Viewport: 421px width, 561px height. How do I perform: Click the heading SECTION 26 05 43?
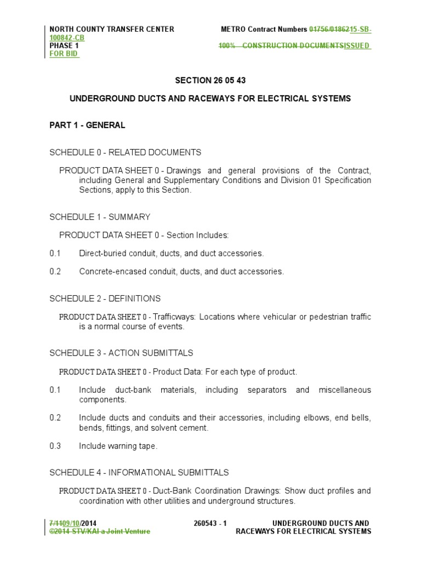click(x=210, y=81)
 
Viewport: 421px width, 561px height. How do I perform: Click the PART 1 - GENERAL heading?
click(x=87, y=125)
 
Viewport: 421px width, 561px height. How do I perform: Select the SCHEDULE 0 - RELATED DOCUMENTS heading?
click(x=125, y=152)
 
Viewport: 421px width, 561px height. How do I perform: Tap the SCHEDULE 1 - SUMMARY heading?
click(x=100, y=217)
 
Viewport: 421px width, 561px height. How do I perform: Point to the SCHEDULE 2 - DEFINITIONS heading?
click(x=105, y=299)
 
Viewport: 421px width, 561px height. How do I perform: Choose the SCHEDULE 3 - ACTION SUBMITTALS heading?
click(x=121, y=353)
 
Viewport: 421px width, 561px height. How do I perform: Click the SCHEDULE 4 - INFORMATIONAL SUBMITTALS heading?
click(x=139, y=472)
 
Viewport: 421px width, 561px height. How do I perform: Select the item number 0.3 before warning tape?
click(x=55, y=446)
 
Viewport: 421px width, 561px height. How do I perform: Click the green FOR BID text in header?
click(x=64, y=55)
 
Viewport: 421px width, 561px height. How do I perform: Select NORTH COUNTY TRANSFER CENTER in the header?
click(x=112, y=30)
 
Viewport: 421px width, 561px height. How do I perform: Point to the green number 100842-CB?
click(x=67, y=38)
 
